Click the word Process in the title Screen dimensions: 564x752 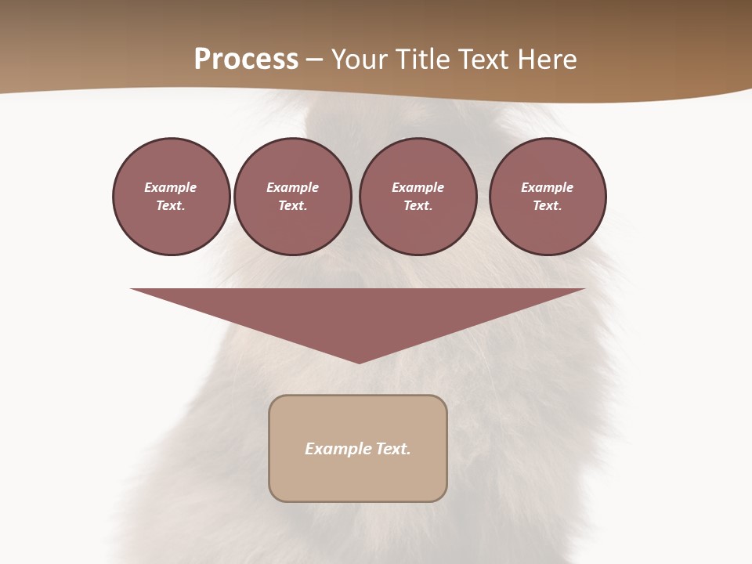(246, 60)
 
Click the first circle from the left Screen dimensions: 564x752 (172, 197)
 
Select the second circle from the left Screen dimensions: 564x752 (293, 197)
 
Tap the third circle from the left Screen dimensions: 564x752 (418, 197)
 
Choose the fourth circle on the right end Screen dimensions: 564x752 (548, 197)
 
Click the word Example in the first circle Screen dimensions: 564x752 (171, 187)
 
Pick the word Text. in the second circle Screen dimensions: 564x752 (293, 206)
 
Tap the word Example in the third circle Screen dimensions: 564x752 (418, 187)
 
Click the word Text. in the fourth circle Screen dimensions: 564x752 (548, 206)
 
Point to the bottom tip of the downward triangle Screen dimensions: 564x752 (359, 362)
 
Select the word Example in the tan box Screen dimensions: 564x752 (338, 449)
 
